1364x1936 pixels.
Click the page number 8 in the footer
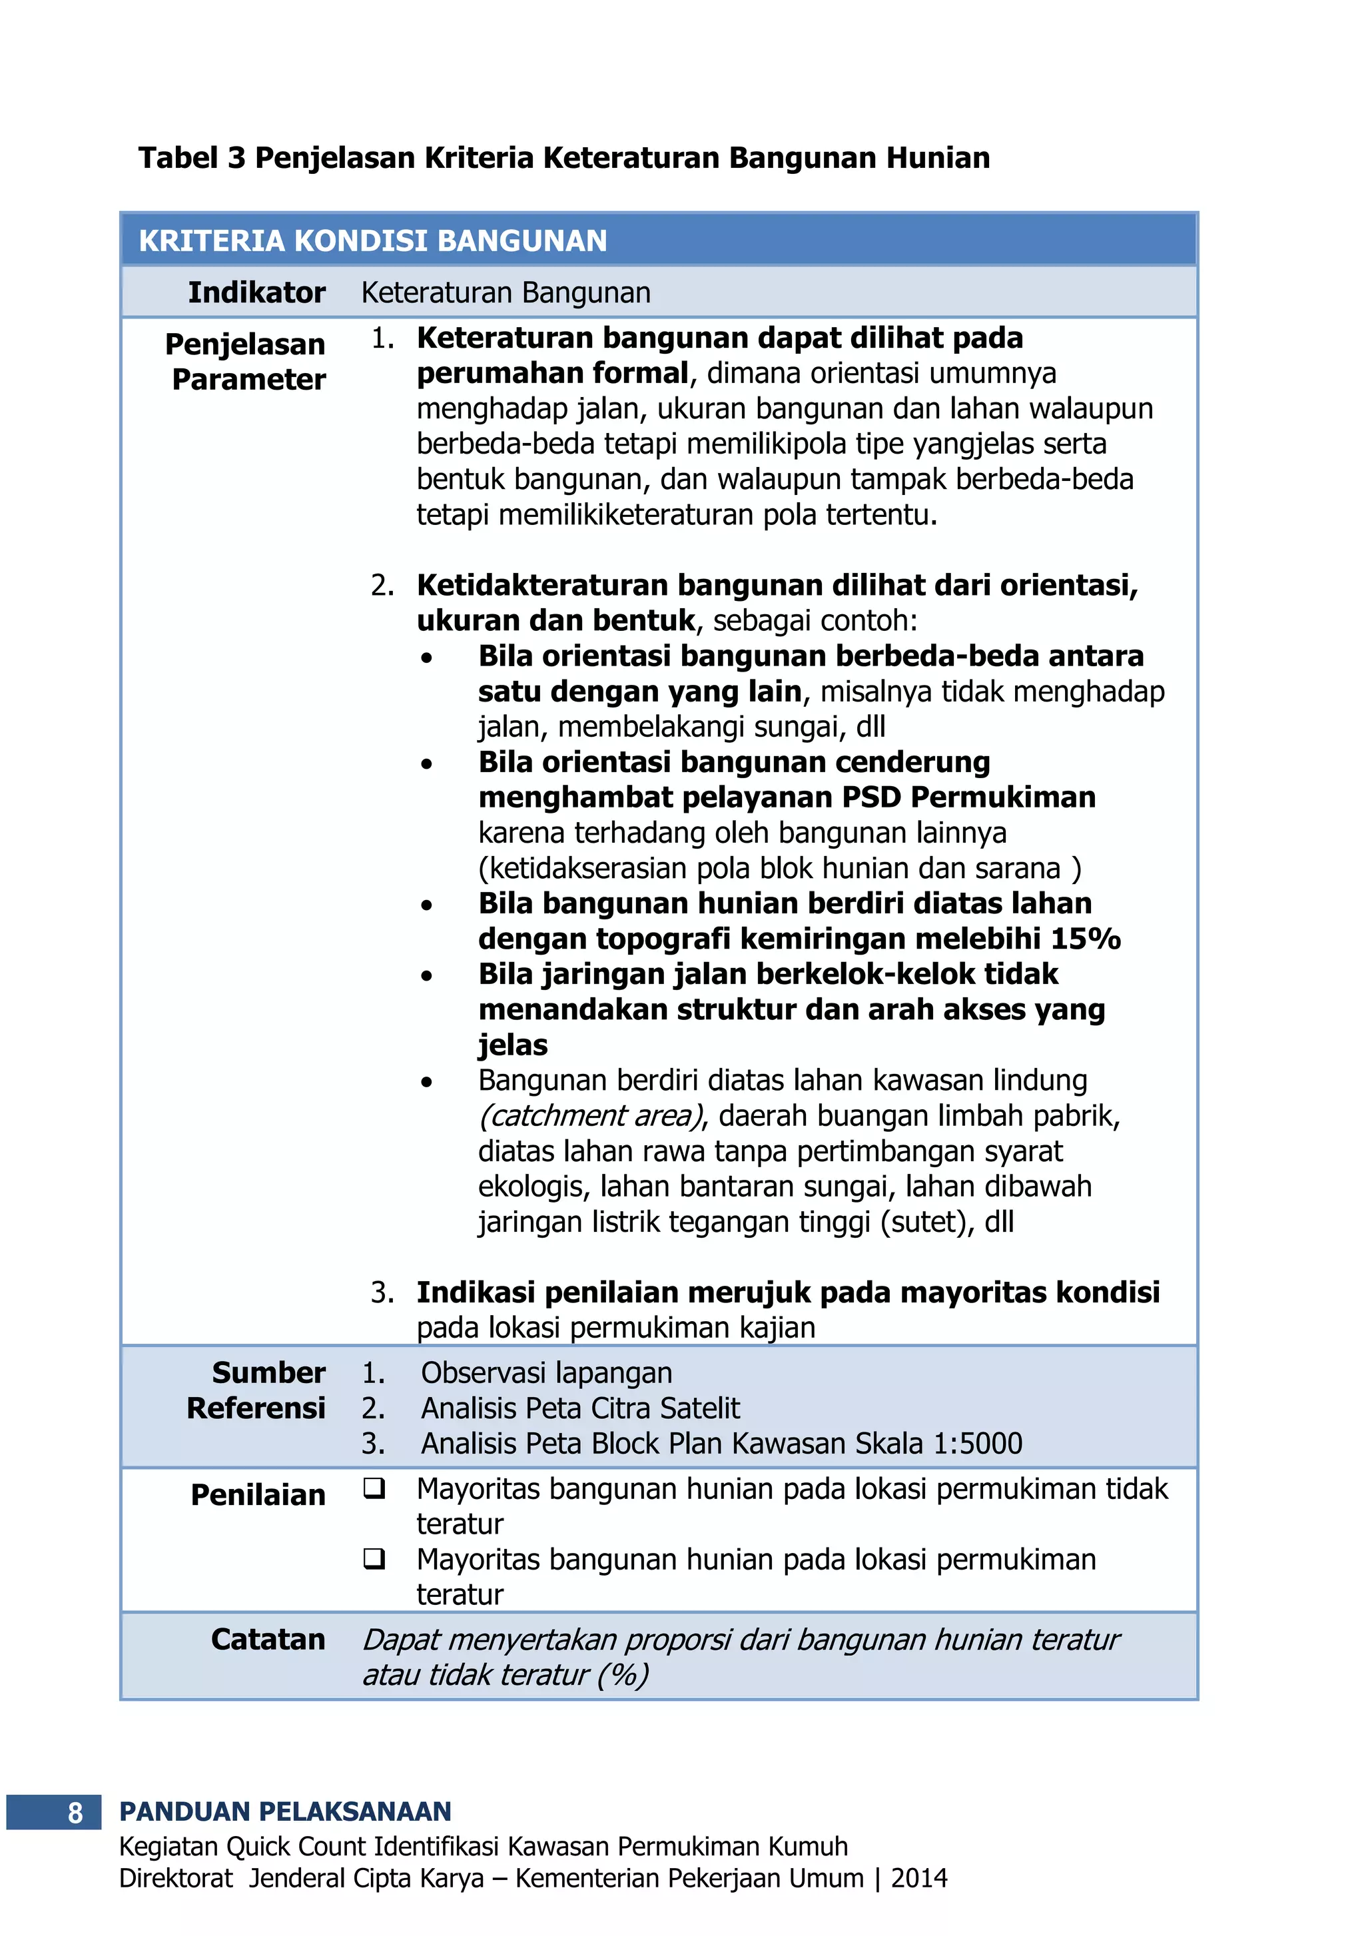[75, 1812]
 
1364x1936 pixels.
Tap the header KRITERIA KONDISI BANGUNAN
[372, 241]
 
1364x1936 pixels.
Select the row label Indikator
[256, 292]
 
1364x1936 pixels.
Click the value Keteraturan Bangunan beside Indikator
[506, 292]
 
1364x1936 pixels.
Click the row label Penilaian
[257, 1495]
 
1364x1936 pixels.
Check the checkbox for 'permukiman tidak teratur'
[374, 1489]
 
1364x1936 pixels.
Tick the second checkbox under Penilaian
[374, 1559]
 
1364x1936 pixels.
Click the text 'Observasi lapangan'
[546, 1373]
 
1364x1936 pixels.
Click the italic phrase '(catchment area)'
[591, 1115]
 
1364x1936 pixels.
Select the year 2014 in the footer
[919, 1878]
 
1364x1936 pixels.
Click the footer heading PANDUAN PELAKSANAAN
[285, 1811]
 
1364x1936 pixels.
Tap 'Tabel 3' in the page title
[192, 159]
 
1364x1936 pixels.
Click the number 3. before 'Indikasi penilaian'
[382, 1292]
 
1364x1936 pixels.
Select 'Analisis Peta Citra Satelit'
[580, 1408]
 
